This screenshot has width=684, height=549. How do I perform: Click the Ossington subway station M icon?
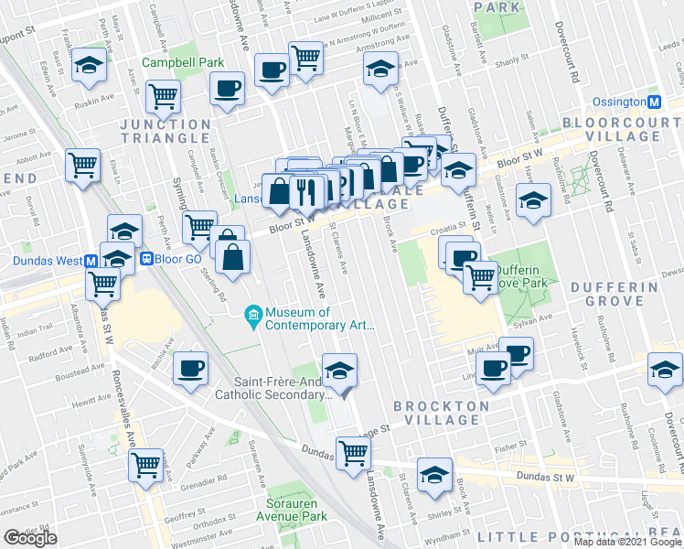(655, 102)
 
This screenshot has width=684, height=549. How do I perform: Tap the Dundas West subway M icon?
(91, 260)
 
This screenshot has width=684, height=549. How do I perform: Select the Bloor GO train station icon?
(145, 259)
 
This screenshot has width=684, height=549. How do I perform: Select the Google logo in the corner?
(30, 538)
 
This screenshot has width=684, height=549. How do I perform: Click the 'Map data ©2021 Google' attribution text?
(626, 542)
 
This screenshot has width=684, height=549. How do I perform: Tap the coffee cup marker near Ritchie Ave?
(190, 368)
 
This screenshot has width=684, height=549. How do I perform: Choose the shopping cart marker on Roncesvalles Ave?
(146, 465)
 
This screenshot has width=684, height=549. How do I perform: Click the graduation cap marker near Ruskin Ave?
(90, 66)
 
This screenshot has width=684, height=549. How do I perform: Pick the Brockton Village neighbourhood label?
(437, 412)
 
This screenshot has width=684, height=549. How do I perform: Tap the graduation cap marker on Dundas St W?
(434, 474)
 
